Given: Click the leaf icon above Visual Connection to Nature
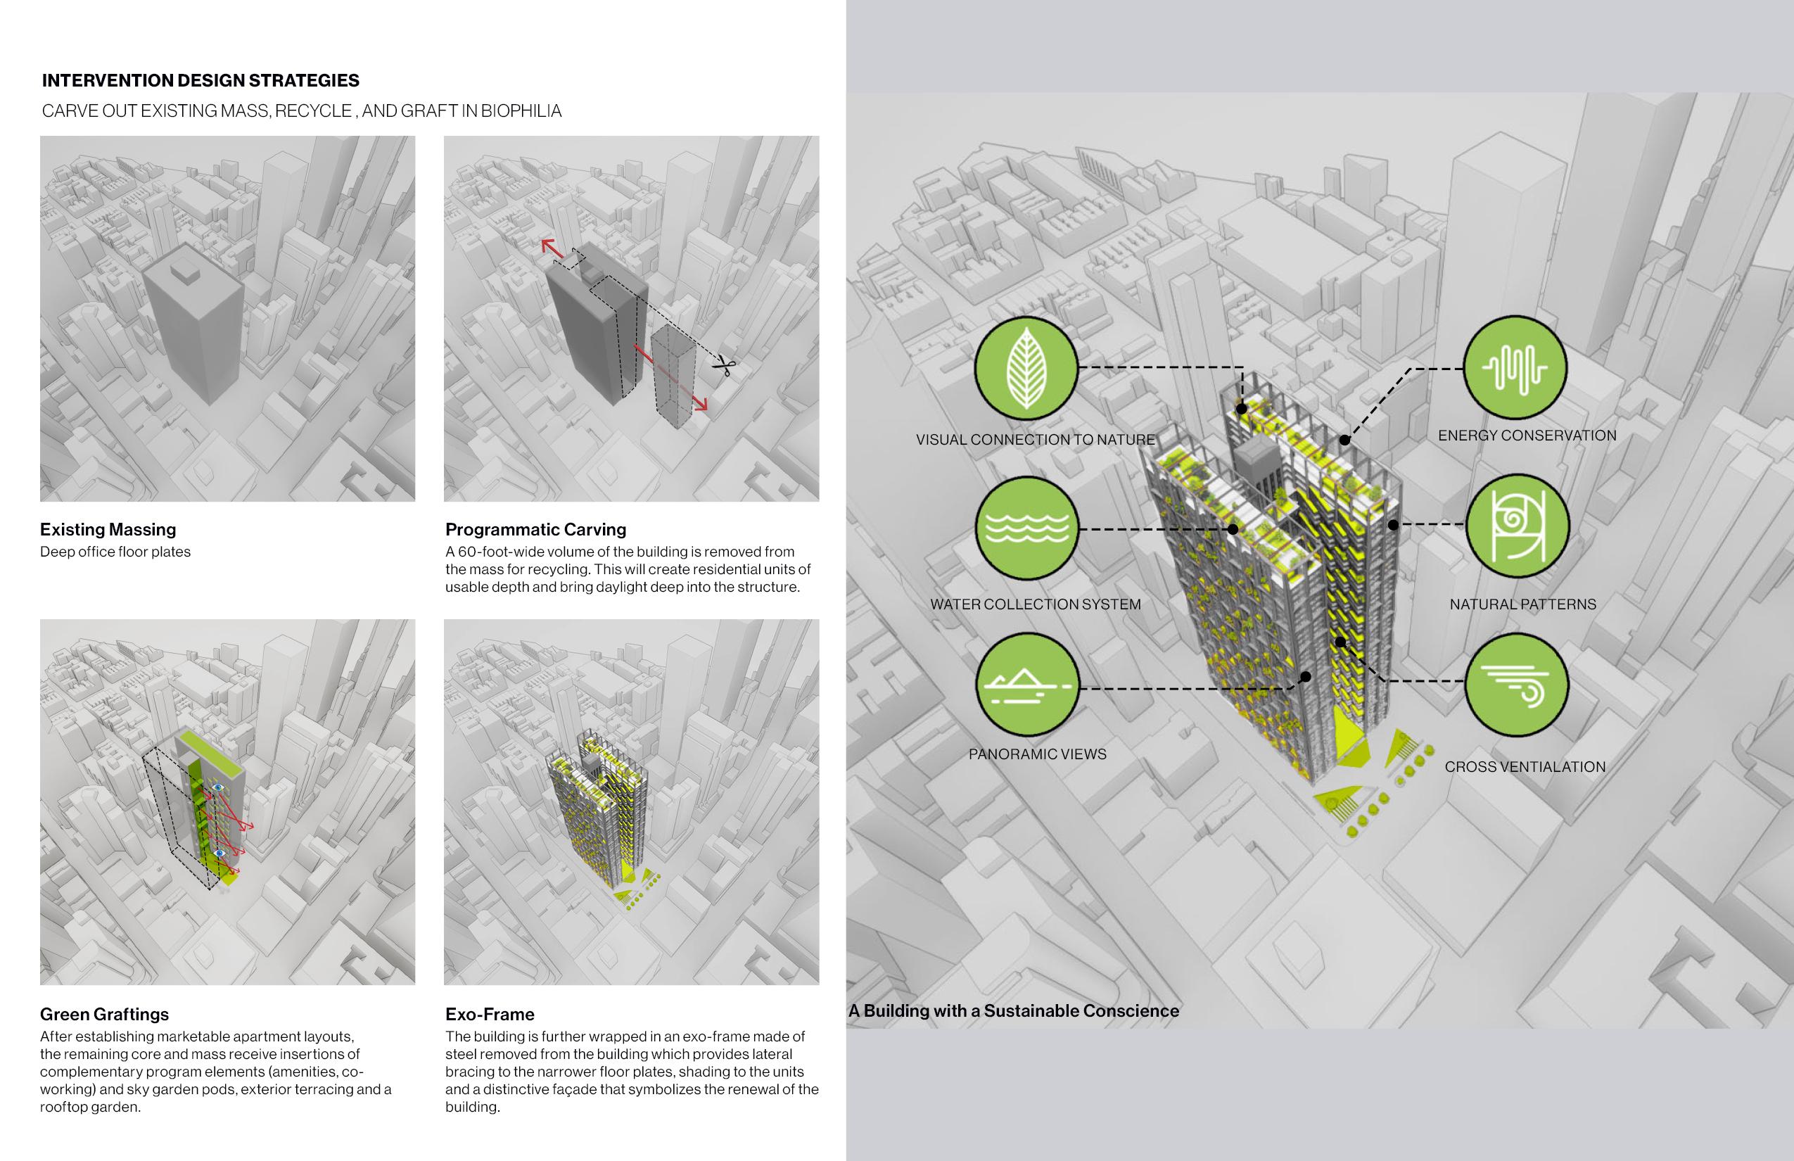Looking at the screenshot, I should tap(1026, 368).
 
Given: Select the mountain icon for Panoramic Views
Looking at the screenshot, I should tap(1026, 685).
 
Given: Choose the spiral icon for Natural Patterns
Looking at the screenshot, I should tap(1517, 525).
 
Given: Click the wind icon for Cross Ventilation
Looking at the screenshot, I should tap(1517, 685).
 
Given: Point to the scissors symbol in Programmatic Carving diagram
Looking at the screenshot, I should tap(725, 367).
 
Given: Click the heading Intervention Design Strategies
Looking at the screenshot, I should tap(201, 81).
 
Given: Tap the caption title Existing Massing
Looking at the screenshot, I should tap(108, 529).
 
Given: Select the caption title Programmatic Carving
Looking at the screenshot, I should tap(535, 529).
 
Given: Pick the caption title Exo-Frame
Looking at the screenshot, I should tap(489, 1014).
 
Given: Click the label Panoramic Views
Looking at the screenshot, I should tap(1037, 754).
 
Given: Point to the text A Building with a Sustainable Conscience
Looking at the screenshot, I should tap(1013, 1011).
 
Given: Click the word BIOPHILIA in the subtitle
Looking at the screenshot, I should tap(521, 111).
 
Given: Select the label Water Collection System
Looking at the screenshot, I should tap(1035, 604).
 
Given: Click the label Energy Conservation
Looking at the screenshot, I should tap(1527, 435).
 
